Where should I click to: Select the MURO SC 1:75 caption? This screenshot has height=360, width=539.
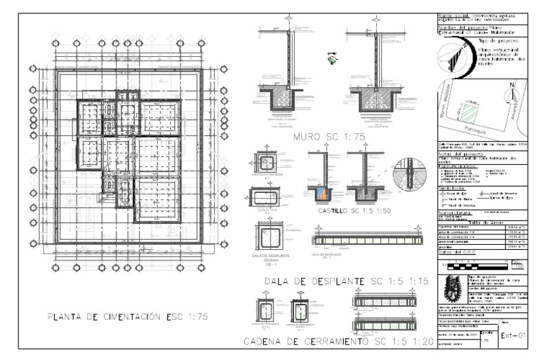(329, 137)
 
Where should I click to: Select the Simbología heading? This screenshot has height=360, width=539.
(449, 188)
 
